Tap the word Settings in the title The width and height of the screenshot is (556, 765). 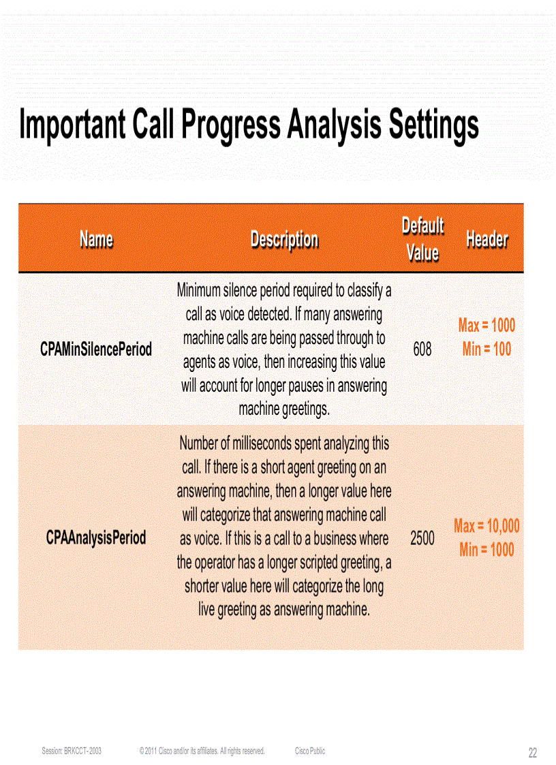(433, 125)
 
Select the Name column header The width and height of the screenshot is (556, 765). (96, 239)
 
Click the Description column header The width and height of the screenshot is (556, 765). (284, 239)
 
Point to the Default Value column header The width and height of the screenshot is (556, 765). (422, 239)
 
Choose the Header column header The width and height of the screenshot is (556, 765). (486, 239)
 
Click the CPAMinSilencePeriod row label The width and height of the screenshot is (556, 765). (96, 349)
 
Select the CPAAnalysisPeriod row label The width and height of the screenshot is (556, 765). (96, 537)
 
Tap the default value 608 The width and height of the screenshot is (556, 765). (422, 349)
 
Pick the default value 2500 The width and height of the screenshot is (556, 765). (422, 538)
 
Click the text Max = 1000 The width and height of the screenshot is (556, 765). (486, 325)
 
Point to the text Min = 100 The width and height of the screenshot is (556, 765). (486, 349)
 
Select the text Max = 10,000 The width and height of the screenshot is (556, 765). (486, 525)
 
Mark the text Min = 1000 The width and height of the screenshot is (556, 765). (486, 550)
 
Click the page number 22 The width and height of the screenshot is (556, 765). (533, 753)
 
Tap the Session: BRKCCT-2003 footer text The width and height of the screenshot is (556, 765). (72, 751)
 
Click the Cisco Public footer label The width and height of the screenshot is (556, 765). (310, 751)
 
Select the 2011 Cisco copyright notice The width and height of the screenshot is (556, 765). (202, 751)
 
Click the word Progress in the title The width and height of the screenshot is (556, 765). (226, 125)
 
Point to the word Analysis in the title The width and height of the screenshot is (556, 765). (334, 125)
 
